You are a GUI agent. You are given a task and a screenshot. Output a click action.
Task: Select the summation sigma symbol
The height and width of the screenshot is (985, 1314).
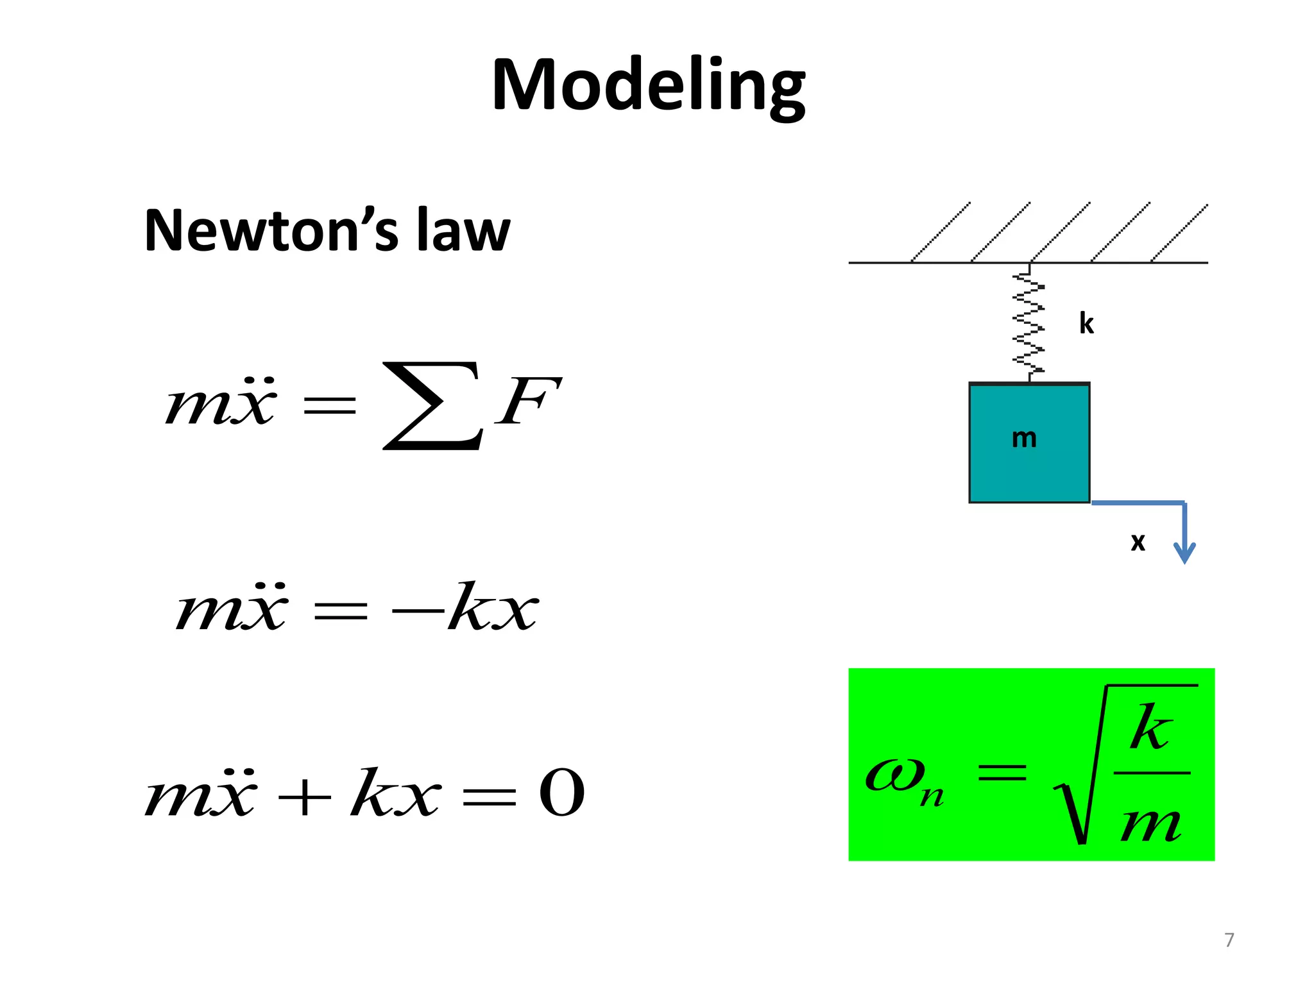431,405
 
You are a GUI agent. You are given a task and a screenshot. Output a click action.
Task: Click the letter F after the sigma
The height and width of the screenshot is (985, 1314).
527,403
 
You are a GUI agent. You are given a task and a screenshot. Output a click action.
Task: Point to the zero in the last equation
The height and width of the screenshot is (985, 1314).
562,794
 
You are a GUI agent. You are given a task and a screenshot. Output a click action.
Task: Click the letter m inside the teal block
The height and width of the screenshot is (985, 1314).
1024,439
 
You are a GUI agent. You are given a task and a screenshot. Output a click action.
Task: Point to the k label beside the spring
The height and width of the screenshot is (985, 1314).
1086,324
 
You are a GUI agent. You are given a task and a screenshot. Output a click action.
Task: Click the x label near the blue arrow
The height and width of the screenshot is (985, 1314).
1138,543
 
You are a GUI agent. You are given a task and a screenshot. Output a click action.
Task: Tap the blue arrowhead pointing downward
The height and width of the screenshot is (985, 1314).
1184,551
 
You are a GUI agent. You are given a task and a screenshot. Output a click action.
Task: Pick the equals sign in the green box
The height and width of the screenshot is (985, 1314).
1002,772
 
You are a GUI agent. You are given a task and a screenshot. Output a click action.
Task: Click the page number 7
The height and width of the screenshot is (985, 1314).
1229,940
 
